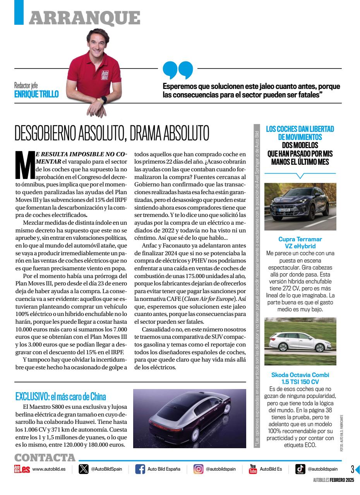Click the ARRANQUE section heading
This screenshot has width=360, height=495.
(x=84, y=18)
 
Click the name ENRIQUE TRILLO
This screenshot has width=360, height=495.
(x=36, y=94)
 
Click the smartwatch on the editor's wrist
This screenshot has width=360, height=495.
(x=103, y=99)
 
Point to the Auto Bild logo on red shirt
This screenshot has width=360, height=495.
(x=105, y=75)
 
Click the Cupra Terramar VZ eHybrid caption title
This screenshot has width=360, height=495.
(x=300, y=242)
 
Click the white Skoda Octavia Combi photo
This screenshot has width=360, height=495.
(x=300, y=341)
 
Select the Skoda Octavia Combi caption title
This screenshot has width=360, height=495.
(x=300, y=378)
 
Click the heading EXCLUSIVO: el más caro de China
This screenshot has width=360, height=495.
(x=61, y=396)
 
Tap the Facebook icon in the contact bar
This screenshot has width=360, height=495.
(x=140, y=469)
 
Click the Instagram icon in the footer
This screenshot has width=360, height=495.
(x=198, y=469)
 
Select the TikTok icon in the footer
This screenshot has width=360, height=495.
(x=300, y=469)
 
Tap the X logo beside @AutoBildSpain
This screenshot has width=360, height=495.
(x=83, y=469)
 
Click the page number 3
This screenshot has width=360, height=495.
(x=352, y=469)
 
